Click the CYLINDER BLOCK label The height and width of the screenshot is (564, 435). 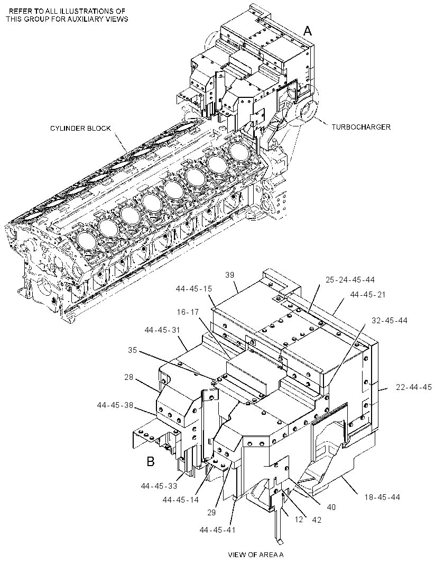coord(80,129)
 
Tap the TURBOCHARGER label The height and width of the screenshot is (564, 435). coord(361,127)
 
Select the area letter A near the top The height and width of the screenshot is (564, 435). coord(308,31)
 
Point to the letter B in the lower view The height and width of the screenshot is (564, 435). coord(151,461)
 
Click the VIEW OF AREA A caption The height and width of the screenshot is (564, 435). coord(256,554)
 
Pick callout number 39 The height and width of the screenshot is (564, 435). coord(230,275)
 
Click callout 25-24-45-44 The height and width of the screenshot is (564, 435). coord(350,279)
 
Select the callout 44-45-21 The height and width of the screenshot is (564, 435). coord(368,295)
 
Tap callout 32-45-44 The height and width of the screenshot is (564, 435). coord(390,320)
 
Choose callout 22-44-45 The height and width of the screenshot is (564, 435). coord(414,387)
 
